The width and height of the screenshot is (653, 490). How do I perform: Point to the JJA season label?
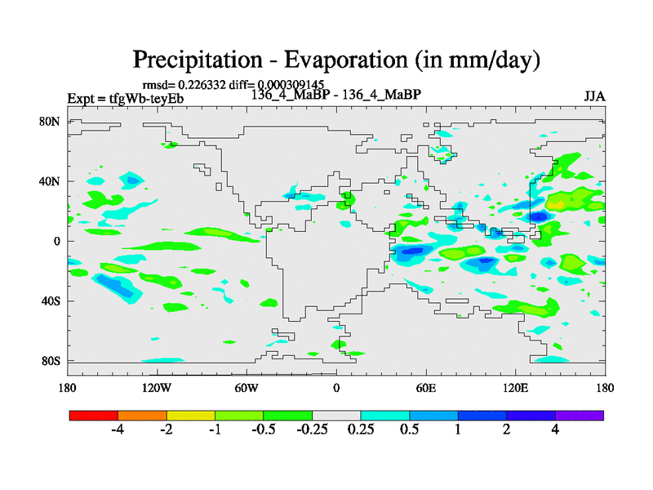click(594, 96)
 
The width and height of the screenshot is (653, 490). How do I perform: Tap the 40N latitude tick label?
click(51, 180)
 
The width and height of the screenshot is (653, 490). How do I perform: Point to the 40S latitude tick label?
click(51, 301)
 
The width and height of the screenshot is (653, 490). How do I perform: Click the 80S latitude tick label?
click(51, 360)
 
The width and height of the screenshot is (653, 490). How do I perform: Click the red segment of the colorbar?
click(94, 415)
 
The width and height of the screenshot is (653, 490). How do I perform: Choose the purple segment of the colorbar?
click(580, 415)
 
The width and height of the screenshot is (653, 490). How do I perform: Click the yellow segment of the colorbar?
click(191, 415)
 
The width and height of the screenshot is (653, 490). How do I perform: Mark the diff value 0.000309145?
click(291, 84)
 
